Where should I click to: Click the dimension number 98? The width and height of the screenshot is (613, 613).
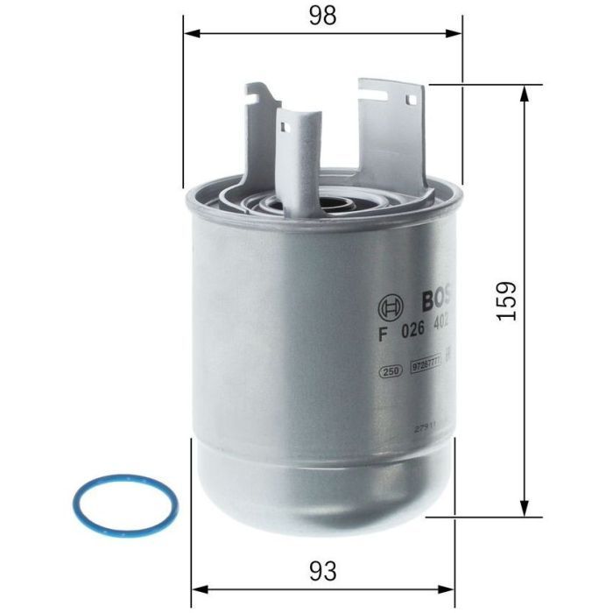tap(322, 16)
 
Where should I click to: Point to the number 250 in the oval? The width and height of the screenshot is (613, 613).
tap(391, 371)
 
